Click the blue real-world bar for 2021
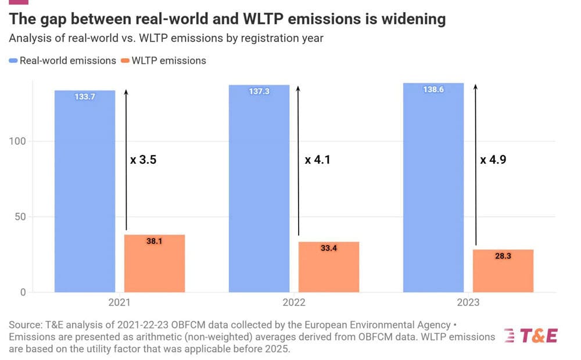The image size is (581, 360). coord(85,192)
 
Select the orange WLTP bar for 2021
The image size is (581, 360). coord(155,264)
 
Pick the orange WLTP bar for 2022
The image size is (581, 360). coord(329,267)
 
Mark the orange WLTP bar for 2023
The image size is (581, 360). coord(503,271)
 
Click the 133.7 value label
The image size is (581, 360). coord(85,97)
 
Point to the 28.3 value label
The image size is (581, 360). coord(503,256)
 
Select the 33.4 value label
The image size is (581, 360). coord(329,248)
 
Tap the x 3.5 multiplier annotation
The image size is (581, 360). coord(144,160)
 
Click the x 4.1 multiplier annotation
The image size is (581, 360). coord(318,160)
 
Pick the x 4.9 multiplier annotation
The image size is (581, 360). coord(493,160)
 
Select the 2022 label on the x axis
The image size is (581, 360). coord(294,303)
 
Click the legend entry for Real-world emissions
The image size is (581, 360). coord(63,60)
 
